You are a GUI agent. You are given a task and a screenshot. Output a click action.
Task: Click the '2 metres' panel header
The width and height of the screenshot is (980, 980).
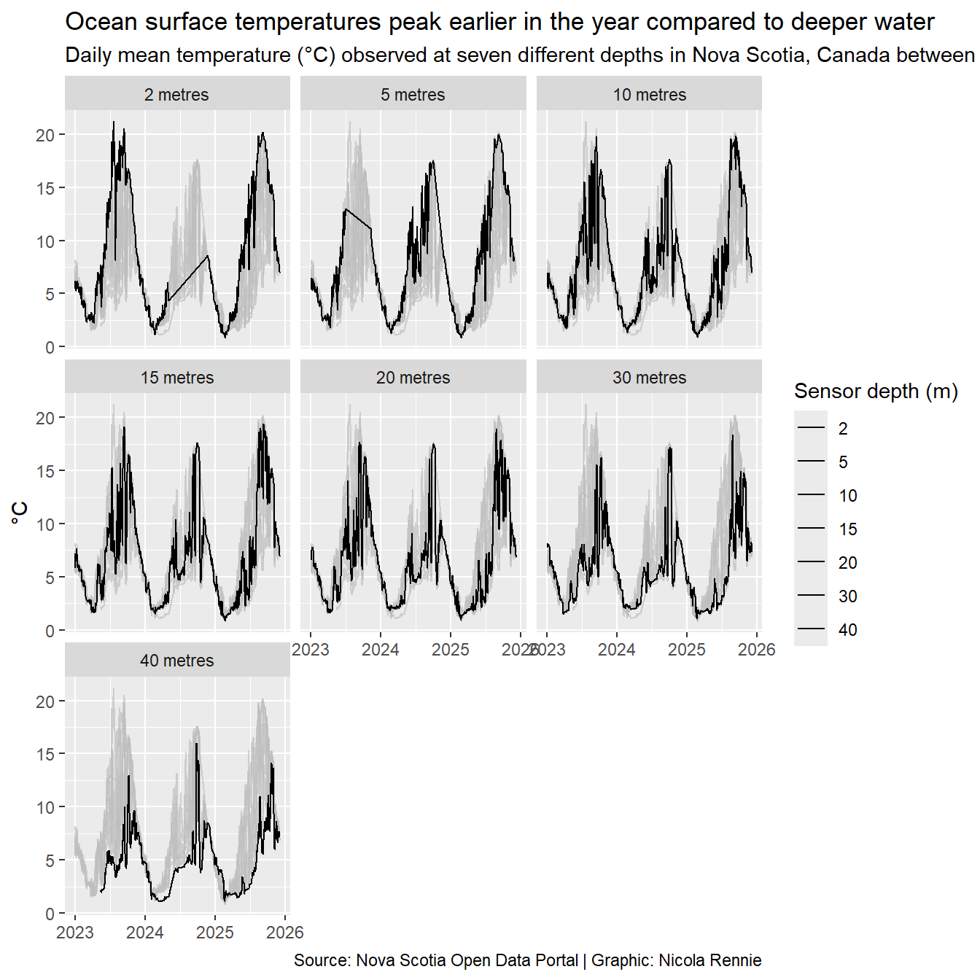(176, 95)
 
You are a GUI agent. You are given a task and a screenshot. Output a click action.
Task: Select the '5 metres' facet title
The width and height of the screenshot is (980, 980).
(413, 95)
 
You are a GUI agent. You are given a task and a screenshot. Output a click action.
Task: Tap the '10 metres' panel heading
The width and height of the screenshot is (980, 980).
(649, 95)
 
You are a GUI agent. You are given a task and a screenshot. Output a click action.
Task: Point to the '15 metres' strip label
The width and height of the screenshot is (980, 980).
(176, 378)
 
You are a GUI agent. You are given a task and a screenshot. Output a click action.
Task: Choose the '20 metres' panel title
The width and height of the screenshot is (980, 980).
(413, 378)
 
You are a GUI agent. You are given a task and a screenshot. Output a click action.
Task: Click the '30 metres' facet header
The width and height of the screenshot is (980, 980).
(649, 378)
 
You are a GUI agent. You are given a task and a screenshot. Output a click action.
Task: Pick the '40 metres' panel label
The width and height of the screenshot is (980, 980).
(176, 661)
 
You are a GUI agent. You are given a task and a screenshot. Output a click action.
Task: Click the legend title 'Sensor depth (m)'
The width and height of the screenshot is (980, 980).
(875, 392)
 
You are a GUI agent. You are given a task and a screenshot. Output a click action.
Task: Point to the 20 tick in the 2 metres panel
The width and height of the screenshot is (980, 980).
(45, 135)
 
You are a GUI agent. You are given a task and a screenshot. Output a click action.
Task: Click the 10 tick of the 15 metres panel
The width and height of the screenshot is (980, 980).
(45, 524)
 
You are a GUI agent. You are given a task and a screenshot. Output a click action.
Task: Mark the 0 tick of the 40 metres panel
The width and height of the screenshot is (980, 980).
(50, 914)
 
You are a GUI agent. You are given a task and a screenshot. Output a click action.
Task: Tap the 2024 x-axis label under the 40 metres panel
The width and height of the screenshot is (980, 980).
(145, 933)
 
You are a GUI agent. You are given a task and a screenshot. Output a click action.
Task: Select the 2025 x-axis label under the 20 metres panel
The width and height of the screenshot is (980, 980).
(451, 650)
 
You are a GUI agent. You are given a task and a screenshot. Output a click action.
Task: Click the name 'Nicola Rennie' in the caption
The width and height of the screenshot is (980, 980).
(709, 960)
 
